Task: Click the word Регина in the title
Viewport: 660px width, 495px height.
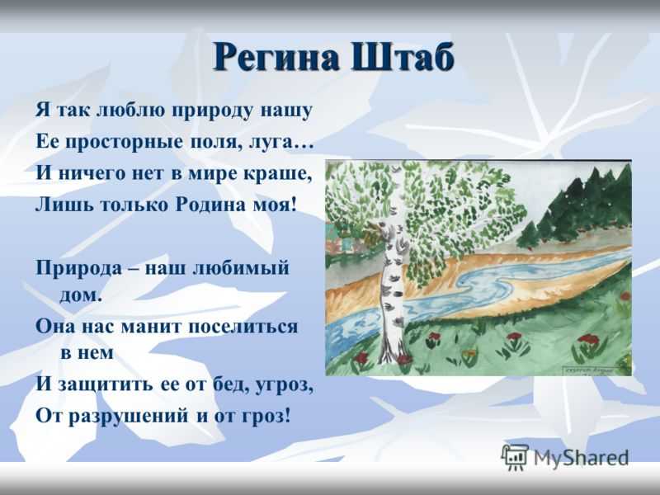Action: (x=276, y=57)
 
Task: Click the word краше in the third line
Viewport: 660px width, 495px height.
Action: (x=286, y=173)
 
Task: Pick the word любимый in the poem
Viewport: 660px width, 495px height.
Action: (x=241, y=268)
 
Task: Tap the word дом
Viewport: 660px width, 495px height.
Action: (x=81, y=295)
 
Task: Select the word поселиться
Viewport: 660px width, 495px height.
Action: (x=243, y=326)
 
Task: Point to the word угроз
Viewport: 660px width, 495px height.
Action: (x=284, y=385)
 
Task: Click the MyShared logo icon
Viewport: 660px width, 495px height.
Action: (x=515, y=457)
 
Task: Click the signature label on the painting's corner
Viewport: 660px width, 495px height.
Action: (x=589, y=370)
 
